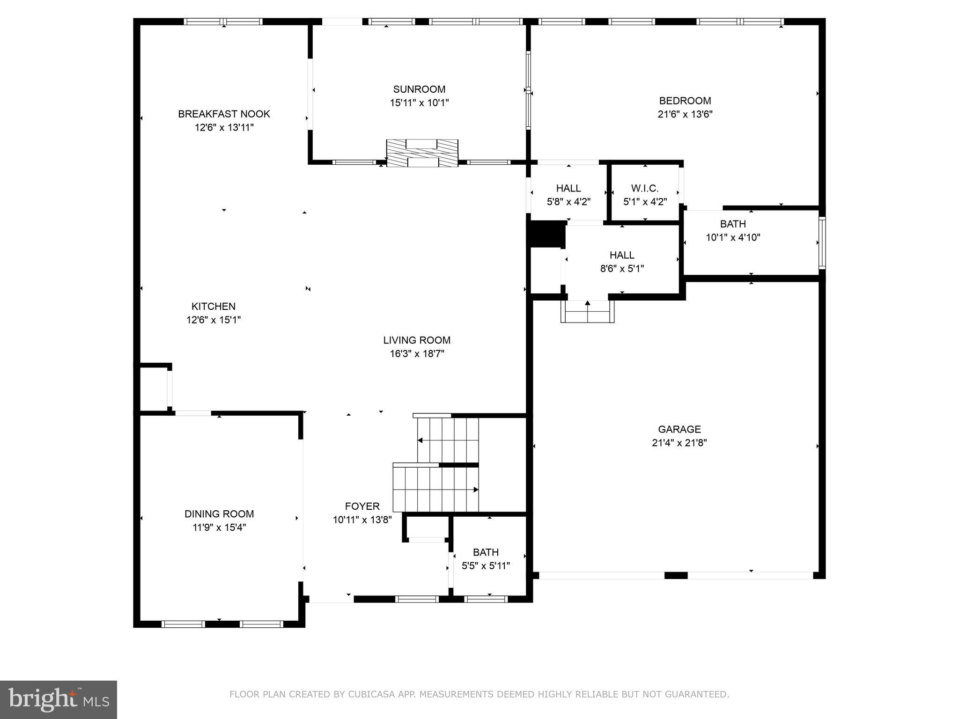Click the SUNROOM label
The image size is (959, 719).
(419, 89)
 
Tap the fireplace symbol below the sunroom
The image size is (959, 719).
(422, 153)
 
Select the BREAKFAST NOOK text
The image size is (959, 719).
(224, 114)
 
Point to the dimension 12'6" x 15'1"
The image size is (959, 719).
(214, 320)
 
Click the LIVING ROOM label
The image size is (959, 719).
(417, 340)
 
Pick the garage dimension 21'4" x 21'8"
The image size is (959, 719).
(679, 443)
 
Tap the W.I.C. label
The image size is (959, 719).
(645, 188)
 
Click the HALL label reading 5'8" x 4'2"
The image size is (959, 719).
(568, 188)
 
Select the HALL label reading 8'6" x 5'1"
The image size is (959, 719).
(622, 255)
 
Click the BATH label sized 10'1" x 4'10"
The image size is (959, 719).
(733, 224)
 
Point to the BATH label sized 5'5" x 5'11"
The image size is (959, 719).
(486, 552)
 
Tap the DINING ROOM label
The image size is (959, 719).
(219, 514)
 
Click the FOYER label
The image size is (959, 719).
(362, 506)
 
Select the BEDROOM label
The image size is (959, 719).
(685, 101)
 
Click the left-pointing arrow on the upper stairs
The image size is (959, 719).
(420, 440)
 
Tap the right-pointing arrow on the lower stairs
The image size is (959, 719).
(475, 490)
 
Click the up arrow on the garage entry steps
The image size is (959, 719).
(588, 304)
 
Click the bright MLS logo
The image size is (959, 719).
(59, 700)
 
